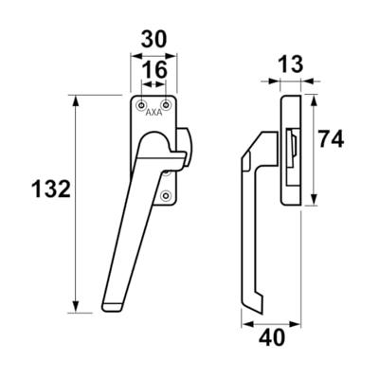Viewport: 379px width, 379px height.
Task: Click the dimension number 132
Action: point(51,189)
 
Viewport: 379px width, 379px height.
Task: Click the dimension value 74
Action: point(330,139)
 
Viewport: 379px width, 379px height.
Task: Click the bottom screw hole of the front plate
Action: point(166,196)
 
